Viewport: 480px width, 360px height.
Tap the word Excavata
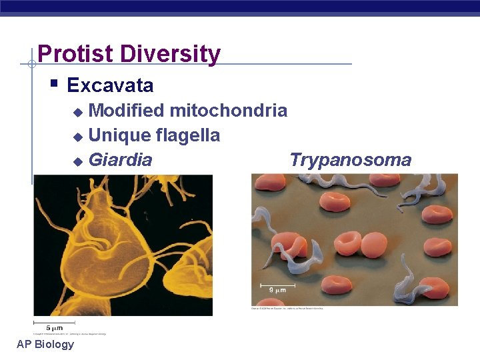pos(110,85)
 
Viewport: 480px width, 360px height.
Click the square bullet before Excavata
pos(54,84)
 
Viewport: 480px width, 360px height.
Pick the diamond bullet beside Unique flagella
pos(77,136)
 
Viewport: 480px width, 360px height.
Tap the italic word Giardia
pos(120,161)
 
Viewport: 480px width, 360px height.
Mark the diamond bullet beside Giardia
pos(77,161)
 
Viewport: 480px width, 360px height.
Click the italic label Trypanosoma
pos(351,160)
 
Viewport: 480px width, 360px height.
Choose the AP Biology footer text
pos(45,344)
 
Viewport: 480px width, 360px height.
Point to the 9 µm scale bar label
pos(279,290)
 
